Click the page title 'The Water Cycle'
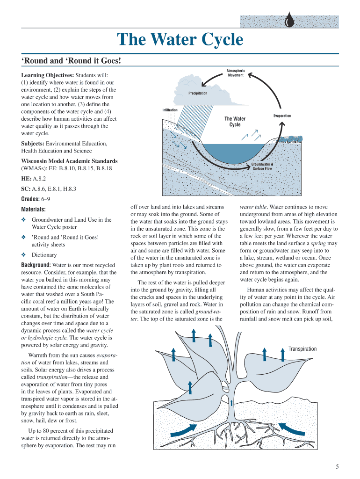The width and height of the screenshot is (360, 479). (x=180, y=40)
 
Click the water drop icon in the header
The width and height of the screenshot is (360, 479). (x=290, y=21)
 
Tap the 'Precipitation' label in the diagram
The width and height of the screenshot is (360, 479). (x=198, y=94)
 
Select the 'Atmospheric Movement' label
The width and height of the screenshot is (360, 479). (x=236, y=73)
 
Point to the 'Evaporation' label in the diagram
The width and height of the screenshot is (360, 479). (x=282, y=116)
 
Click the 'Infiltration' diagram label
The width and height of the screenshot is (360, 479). (x=170, y=110)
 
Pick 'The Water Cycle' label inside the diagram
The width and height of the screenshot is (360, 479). (x=235, y=122)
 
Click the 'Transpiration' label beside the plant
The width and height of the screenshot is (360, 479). (x=302, y=349)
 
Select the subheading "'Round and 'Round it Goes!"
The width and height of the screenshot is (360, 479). (x=72, y=61)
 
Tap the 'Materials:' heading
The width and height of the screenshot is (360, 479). (x=33, y=210)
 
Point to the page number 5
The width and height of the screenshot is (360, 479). (x=337, y=466)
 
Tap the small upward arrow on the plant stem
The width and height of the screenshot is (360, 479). (x=231, y=402)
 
